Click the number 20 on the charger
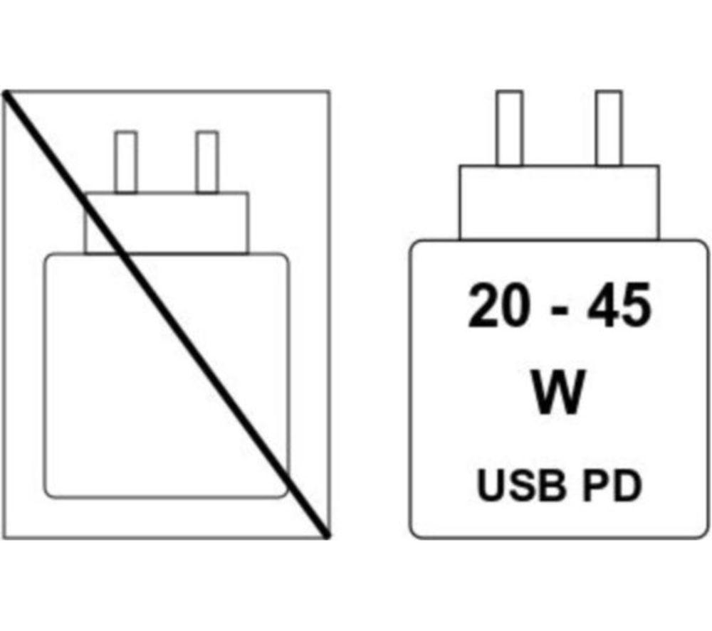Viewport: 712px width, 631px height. pyautogui.click(x=498, y=305)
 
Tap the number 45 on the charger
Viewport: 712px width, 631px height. pyautogui.click(x=619, y=305)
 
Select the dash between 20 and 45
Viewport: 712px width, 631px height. pyautogui.click(x=558, y=312)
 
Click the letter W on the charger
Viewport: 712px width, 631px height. pyautogui.click(x=558, y=393)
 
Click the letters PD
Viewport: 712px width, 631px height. pyautogui.click(x=613, y=486)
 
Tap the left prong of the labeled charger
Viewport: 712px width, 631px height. pyautogui.click(x=509, y=128)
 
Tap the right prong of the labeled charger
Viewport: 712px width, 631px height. pyautogui.click(x=609, y=128)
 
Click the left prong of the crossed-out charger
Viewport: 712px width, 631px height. pyautogui.click(x=126, y=162)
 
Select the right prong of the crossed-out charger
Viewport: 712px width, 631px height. pyautogui.click(x=207, y=162)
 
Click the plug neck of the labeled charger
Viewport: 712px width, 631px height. pyautogui.click(x=559, y=202)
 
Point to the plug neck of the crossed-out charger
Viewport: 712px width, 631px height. pyautogui.click(x=167, y=223)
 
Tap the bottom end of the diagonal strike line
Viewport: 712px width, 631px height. pyautogui.click(x=327, y=536)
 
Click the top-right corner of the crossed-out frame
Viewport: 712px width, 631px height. pyautogui.click(x=329, y=92)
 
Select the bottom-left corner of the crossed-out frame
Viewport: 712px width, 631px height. pyautogui.click(x=4, y=538)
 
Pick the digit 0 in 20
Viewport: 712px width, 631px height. pyautogui.click(x=515, y=305)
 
